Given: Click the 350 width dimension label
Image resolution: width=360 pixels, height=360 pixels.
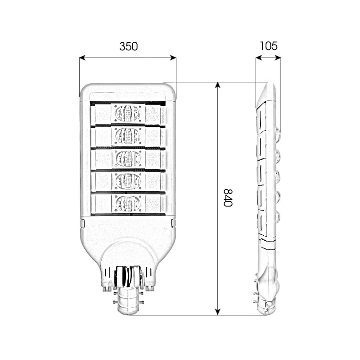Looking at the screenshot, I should (x=128, y=46).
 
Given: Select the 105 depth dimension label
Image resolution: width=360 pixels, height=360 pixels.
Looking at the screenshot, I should (x=268, y=46).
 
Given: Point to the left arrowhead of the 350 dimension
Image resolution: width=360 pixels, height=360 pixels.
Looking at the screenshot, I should (x=82, y=58).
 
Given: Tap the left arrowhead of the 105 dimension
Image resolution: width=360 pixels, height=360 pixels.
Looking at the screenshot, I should (x=258, y=58).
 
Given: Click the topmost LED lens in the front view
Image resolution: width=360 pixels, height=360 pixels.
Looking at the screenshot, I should (x=128, y=113).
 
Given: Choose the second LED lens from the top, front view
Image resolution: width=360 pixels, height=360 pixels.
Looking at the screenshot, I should (x=128, y=135).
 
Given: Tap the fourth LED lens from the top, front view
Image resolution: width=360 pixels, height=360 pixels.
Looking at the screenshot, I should (x=128, y=181).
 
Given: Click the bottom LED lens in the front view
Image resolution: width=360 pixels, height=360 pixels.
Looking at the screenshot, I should (x=128, y=203).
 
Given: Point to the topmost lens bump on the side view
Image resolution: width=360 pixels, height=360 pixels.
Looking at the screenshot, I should (x=277, y=134).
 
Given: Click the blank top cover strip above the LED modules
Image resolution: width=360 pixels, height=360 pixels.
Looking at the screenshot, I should (x=128, y=96).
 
